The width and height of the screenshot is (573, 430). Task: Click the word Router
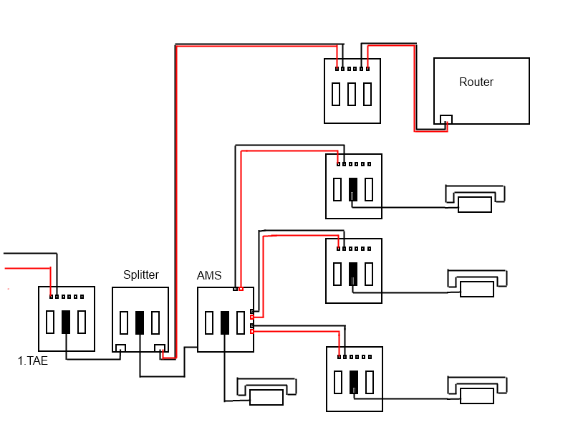click(476, 82)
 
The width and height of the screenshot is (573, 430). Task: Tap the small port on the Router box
click(446, 119)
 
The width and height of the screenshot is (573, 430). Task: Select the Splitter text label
click(141, 275)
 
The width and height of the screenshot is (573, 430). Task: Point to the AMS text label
click(209, 276)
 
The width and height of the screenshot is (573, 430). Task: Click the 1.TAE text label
click(33, 361)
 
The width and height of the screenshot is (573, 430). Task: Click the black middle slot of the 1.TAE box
click(66, 322)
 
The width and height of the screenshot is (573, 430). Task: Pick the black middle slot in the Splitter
click(140, 322)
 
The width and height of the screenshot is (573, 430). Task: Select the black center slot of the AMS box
click(225, 322)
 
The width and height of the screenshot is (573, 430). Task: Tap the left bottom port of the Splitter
click(121, 348)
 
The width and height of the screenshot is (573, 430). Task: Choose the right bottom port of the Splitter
click(160, 348)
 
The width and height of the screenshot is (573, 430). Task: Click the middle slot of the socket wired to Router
click(352, 94)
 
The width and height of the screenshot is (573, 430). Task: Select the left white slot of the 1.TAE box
click(50, 322)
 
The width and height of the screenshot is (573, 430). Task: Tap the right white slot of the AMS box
click(241, 322)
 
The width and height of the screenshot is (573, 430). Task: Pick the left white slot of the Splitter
click(125, 322)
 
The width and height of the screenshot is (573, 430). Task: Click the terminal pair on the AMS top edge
click(239, 290)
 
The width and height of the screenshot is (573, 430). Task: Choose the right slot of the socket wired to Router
click(367, 94)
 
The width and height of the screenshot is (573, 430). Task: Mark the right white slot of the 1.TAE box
click(82, 322)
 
